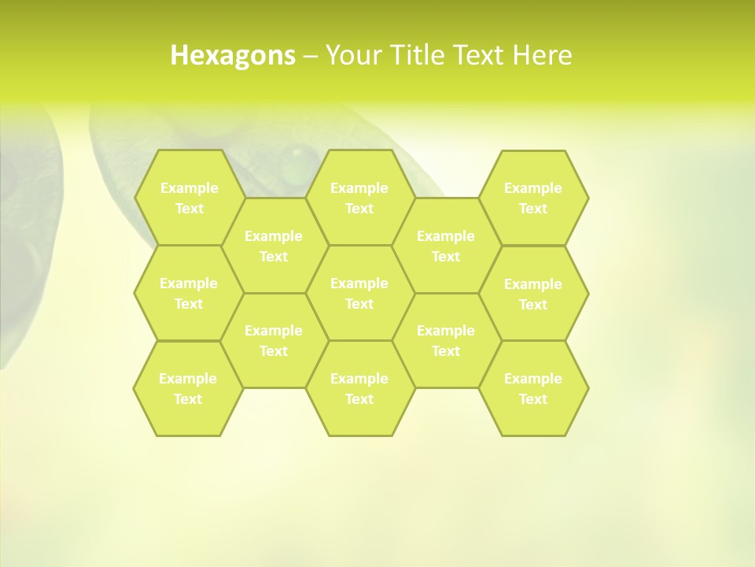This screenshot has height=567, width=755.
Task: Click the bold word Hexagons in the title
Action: click(x=233, y=55)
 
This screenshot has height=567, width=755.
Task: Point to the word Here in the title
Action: click(x=543, y=55)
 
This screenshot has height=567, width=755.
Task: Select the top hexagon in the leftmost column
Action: click(x=189, y=198)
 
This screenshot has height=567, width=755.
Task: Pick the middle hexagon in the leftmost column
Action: click(x=189, y=293)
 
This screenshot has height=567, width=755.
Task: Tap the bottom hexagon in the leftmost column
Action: click(x=188, y=388)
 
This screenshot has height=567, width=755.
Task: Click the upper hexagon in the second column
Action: click(x=274, y=246)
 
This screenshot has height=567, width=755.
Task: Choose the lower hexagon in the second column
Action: click(x=274, y=340)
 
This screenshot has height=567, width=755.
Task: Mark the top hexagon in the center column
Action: click(x=359, y=198)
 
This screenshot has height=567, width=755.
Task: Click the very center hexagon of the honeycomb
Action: click(x=359, y=293)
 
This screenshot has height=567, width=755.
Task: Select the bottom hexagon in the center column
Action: click(x=359, y=388)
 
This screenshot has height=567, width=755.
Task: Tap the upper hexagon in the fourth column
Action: click(x=446, y=246)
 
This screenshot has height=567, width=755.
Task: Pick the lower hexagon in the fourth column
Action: click(x=446, y=340)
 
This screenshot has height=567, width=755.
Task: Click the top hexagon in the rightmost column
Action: click(x=533, y=198)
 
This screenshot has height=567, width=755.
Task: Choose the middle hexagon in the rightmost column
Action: click(x=533, y=294)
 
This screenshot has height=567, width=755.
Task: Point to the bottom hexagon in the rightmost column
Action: click(x=533, y=388)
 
